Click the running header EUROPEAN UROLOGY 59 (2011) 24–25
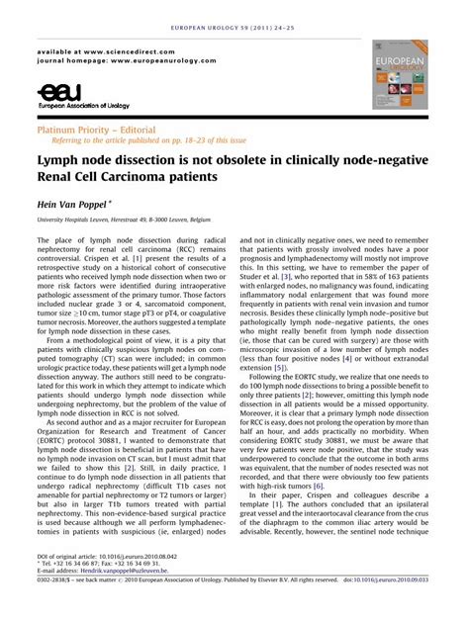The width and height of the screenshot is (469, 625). pos(234,9)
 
